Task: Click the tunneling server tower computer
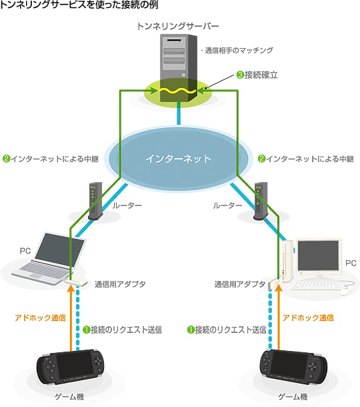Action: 179,68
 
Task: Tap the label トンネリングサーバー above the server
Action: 177,26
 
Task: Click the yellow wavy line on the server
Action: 178,91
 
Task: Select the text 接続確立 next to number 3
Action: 261,75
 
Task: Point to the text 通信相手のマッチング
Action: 239,50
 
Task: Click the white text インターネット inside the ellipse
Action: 179,159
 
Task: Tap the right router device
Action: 261,201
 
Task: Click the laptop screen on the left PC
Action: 60,247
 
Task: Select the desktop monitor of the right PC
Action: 319,255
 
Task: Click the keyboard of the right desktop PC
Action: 315,284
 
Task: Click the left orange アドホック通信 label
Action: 40,318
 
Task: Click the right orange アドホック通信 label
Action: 308,318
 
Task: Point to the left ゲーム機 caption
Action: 69,397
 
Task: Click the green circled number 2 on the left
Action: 6,159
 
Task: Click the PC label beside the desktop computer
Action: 351,263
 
